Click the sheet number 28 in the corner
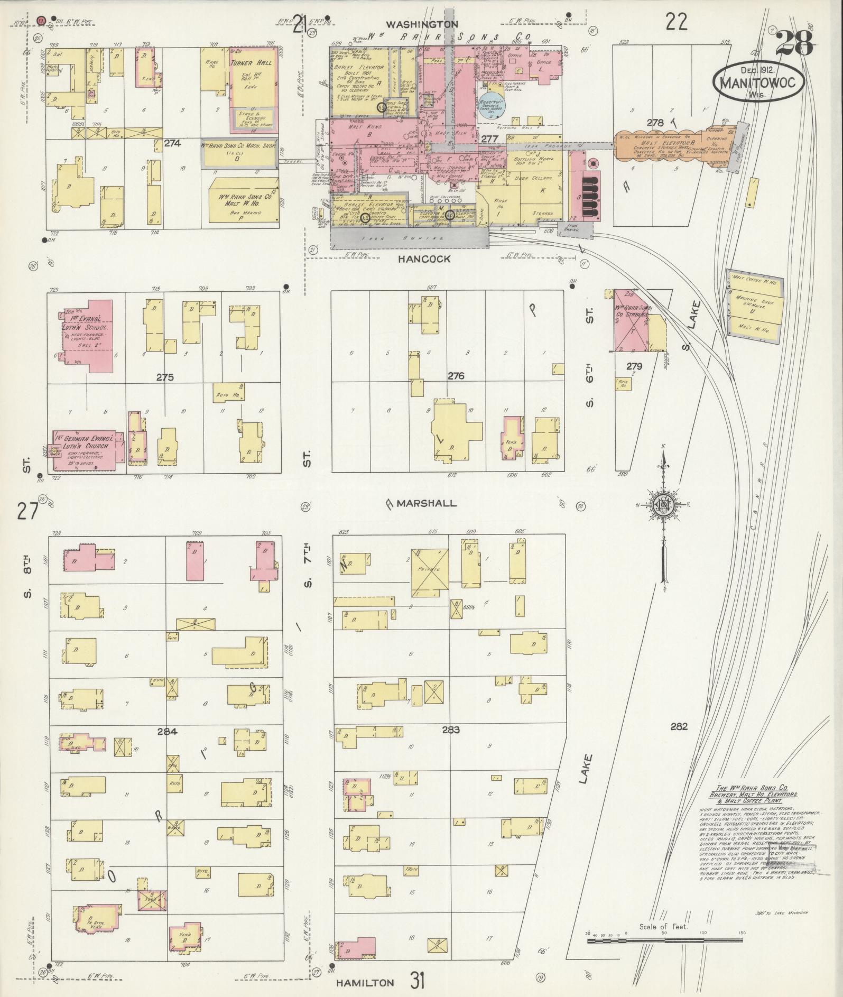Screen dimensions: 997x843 (794, 43)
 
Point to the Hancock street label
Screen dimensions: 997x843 (425, 259)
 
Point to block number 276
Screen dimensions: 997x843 (456, 376)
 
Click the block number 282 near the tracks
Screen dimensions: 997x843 (679, 726)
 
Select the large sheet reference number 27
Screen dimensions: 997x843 (27, 512)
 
